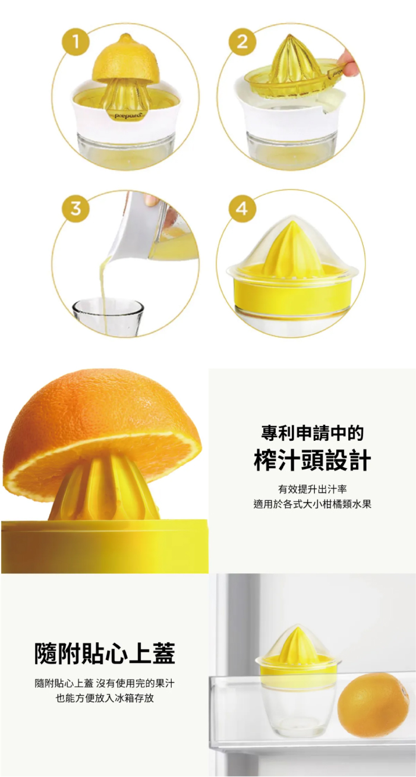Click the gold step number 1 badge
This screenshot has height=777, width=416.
tap(75, 42)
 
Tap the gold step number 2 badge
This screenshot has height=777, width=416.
tap(242, 42)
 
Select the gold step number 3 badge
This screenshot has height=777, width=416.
tap(75, 209)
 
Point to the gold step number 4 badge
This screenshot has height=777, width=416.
tap(242, 209)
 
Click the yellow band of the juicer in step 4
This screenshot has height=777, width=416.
tap(292, 290)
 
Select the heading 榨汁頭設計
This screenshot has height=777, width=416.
tap(312, 460)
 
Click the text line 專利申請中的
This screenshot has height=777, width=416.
tap(312, 433)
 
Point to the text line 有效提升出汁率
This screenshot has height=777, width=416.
tap(312, 489)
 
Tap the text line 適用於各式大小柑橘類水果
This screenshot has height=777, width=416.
tap(312, 504)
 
